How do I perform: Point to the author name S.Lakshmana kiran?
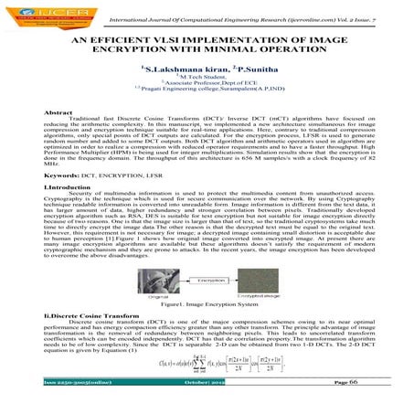(x=183, y=69)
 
